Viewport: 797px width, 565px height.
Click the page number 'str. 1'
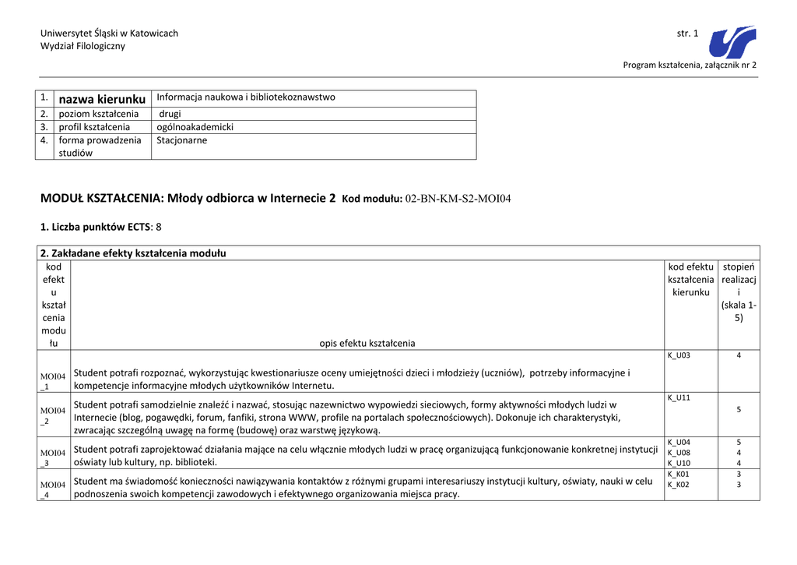(688, 34)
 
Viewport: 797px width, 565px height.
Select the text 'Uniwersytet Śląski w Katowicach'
(109, 34)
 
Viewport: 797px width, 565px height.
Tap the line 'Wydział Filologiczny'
(83, 46)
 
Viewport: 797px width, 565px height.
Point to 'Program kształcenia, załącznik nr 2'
(690, 65)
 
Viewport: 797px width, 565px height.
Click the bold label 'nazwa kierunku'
(102, 99)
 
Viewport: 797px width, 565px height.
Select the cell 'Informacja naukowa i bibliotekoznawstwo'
(246, 97)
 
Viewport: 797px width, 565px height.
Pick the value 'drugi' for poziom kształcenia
(170, 114)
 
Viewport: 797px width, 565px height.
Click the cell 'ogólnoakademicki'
(195, 127)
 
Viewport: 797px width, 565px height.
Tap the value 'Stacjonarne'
(182, 140)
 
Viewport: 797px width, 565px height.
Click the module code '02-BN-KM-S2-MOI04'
(458, 199)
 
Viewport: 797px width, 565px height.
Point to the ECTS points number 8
(159, 227)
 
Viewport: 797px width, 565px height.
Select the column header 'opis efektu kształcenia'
(367, 343)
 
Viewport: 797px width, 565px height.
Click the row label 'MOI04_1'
(54, 381)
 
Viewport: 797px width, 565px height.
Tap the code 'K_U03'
(679, 355)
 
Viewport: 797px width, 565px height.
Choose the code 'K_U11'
(679, 397)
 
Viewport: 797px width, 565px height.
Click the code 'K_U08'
(679, 452)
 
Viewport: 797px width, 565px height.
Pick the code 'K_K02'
(679, 485)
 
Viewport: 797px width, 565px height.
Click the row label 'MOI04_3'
(54, 457)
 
